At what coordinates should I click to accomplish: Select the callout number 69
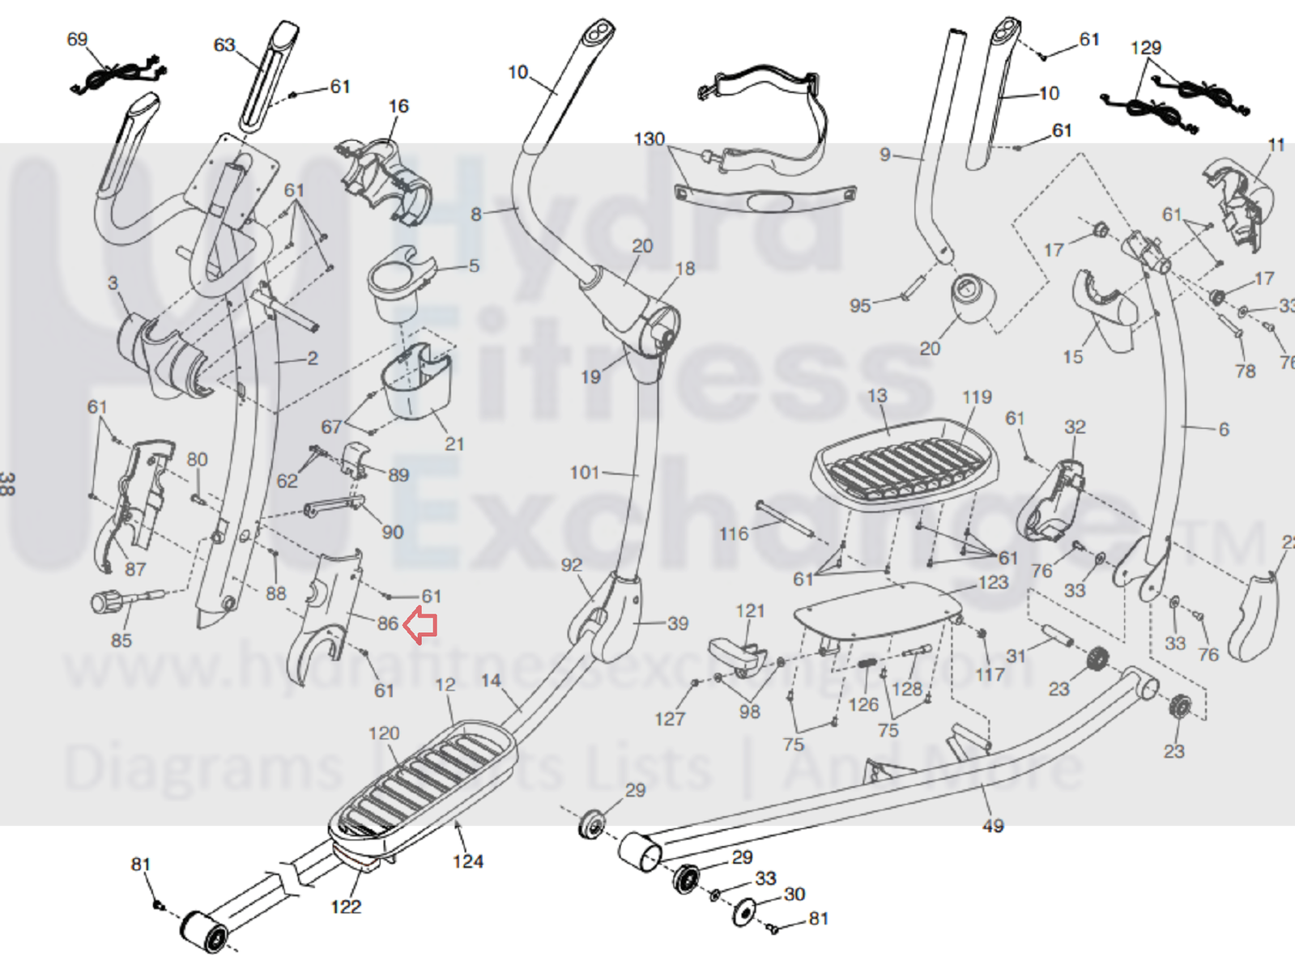pos(77,40)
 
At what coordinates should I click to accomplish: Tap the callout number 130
pos(649,140)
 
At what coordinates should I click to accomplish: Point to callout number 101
pos(584,472)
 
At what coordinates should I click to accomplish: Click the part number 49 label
pos(993,826)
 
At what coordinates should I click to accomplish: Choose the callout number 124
pos(468,861)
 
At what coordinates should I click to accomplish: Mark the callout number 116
pos(734,534)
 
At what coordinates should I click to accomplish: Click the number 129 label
pos(1145,49)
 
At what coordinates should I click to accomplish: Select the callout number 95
pos(860,306)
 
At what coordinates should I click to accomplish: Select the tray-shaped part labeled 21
pos(415,380)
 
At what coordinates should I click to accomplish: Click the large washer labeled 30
pos(743,912)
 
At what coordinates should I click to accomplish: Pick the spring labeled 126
pos(867,663)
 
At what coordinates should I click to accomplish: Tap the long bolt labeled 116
pos(784,518)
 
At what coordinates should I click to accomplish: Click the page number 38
pos(7,484)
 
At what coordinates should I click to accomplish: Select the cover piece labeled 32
pos(1052,501)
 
